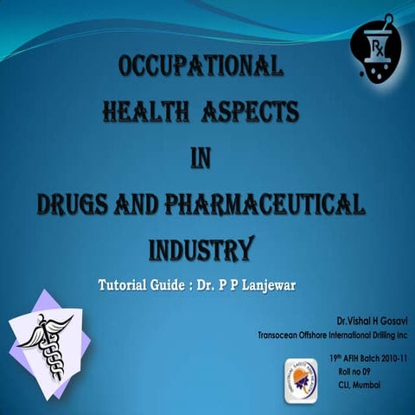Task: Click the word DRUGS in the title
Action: coord(80,205)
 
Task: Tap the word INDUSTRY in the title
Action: coord(201,249)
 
